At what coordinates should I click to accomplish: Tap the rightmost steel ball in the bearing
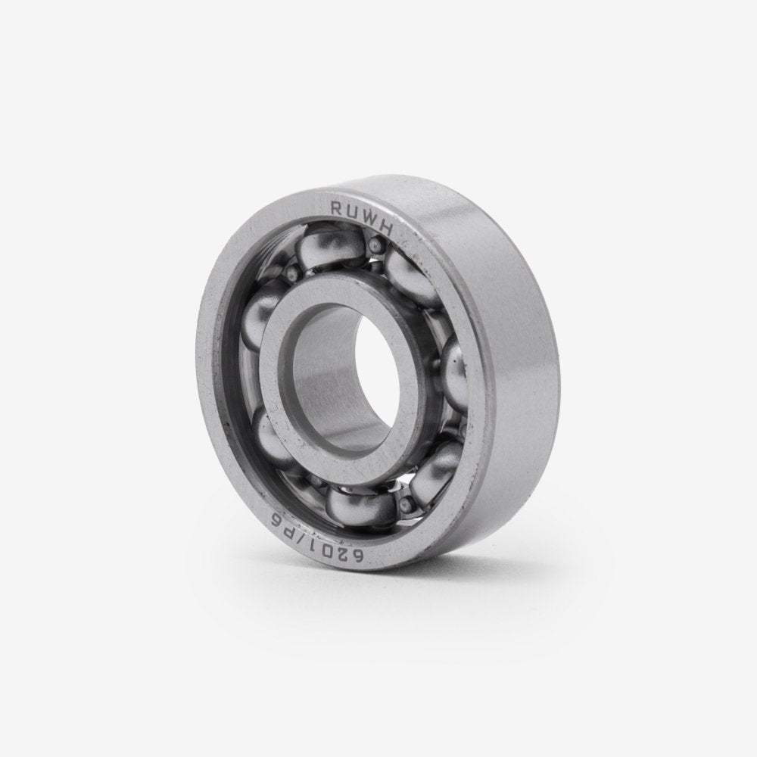(x=458, y=367)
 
